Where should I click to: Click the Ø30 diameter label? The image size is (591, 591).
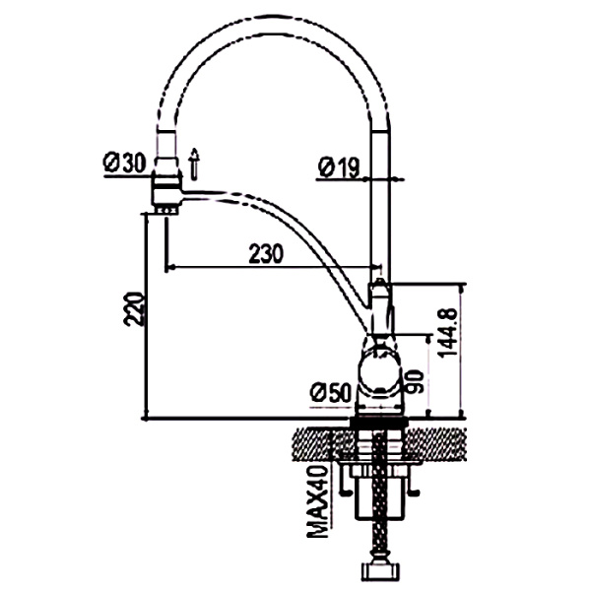point(124,164)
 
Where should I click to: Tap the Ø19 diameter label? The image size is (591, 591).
point(339,167)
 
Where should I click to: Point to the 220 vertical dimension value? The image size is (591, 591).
point(134,308)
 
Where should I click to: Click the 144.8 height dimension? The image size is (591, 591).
point(447,333)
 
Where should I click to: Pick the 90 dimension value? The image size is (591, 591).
point(415,382)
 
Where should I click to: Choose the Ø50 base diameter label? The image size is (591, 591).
point(331,392)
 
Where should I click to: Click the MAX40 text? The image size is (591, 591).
point(317,501)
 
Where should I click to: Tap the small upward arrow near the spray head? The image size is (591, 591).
point(194,164)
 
